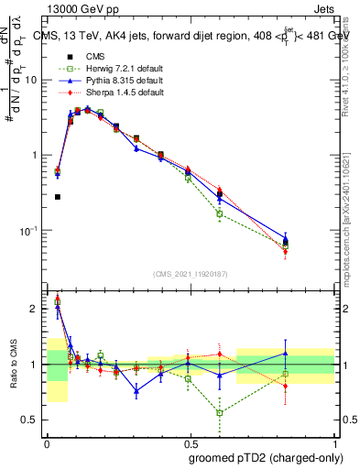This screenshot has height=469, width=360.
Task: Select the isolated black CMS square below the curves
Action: point(58,196)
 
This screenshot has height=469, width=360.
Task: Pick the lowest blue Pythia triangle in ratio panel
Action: point(136,390)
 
